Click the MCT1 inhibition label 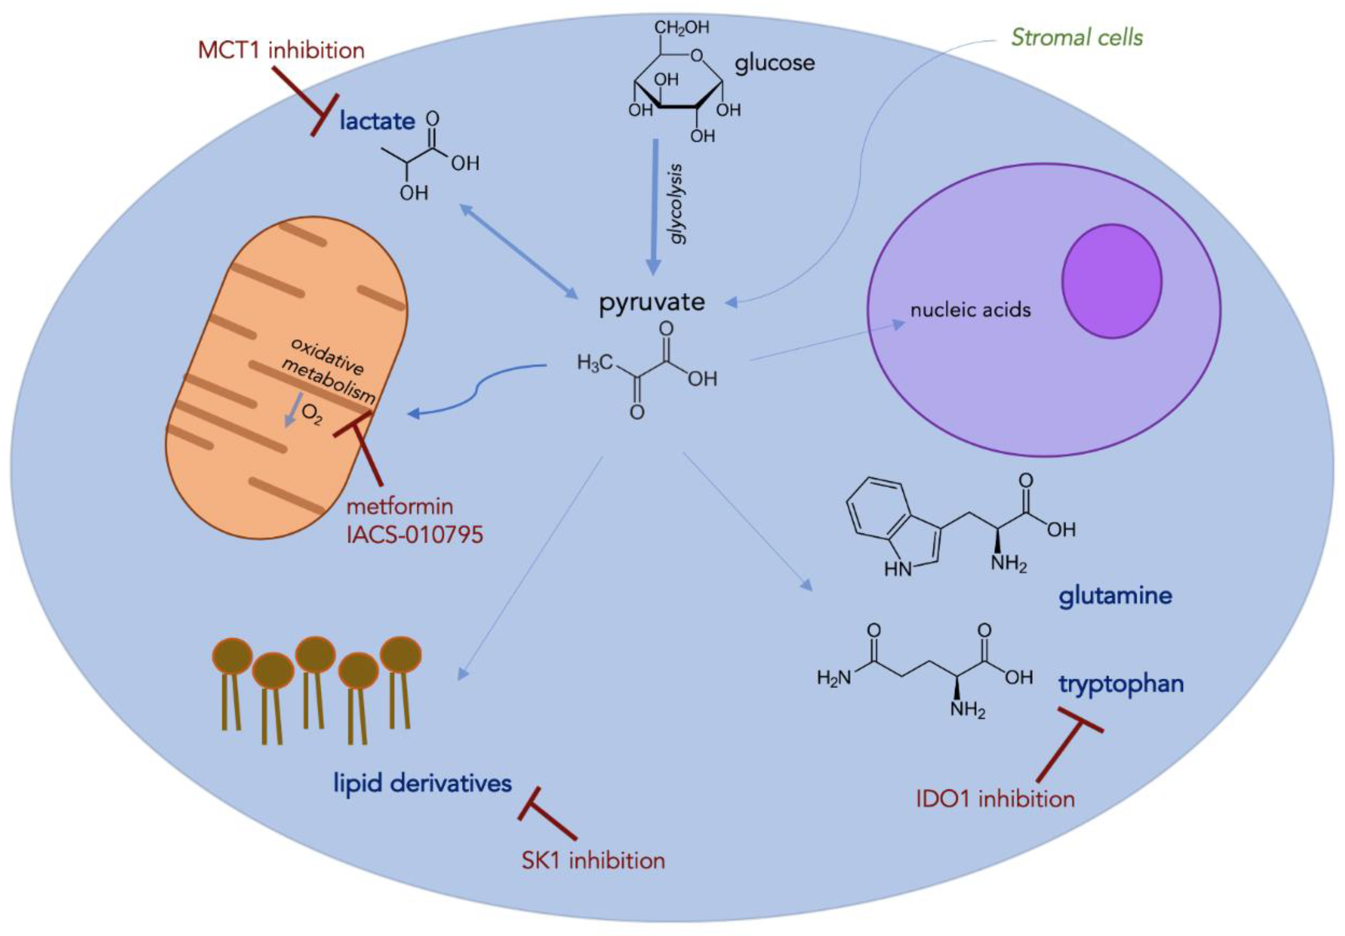281,50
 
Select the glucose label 774,62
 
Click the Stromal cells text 1077,38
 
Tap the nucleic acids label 970,309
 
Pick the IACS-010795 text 415,535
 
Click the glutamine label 1115,596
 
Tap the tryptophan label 1121,684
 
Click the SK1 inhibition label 593,860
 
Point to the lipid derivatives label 422,783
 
